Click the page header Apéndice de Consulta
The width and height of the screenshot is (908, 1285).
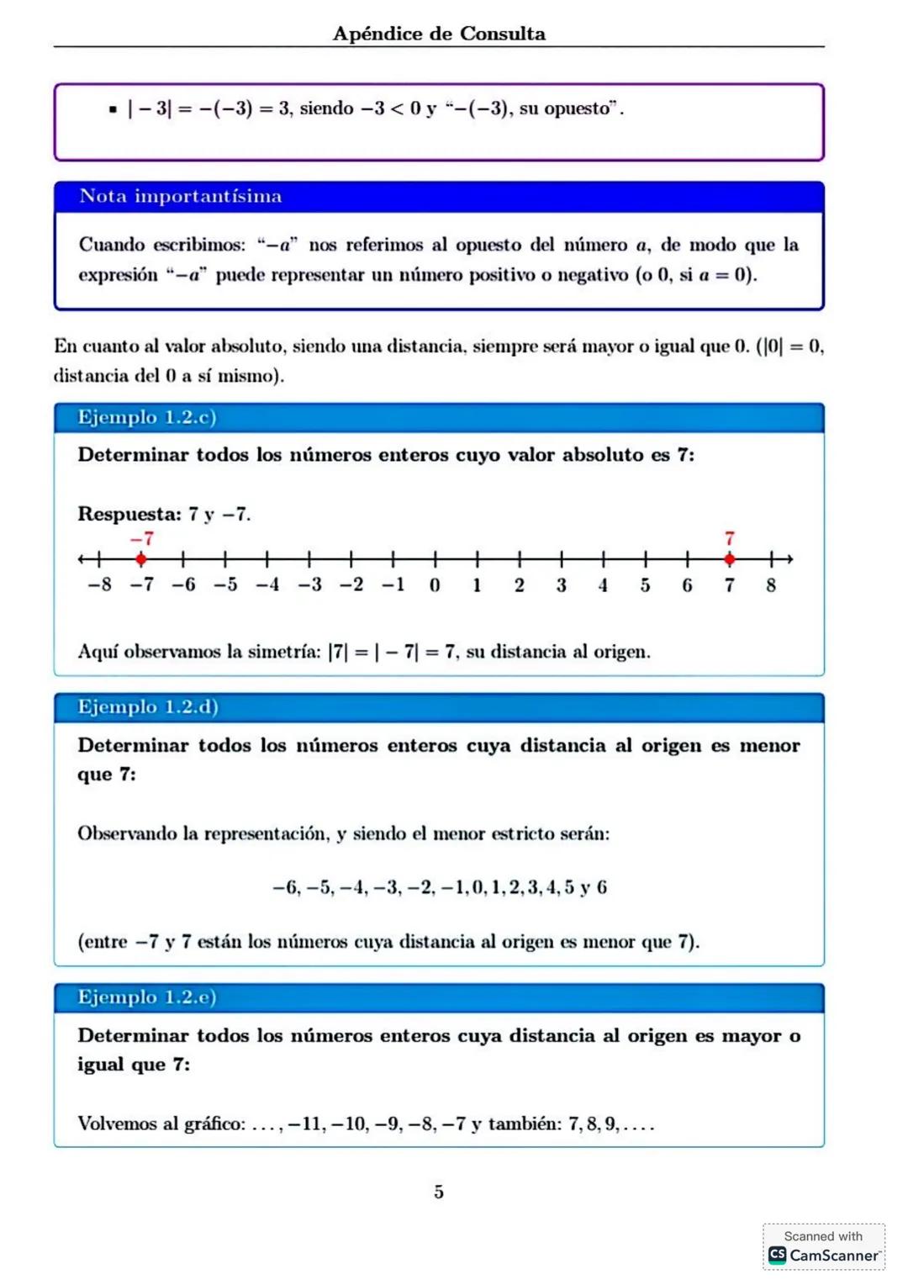[x=439, y=34]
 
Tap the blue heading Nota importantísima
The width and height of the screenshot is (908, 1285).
[x=181, y=196]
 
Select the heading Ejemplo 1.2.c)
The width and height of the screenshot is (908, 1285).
[x=147, y=417]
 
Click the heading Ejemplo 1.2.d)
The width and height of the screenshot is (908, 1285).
[x=148, y=706]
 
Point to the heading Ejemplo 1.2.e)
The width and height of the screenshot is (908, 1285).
[x=147, y=997]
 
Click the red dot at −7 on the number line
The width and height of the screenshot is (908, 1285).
[x=141, y=558]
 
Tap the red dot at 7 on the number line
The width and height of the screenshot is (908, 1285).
[x=730, y=558]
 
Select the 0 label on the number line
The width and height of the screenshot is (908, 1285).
[x=435, y=585]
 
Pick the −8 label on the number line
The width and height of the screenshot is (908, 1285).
[x=99, y=585]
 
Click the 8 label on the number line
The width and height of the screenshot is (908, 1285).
[x=771, y=585]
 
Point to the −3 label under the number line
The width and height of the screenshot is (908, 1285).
[x=309, y=585]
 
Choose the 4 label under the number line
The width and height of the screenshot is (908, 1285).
[x=603, y=585]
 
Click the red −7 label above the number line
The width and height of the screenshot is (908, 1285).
[x=141, y=538]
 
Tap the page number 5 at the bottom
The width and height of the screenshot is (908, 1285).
[x=439, y=1192]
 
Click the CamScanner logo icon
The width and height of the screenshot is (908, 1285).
[x=778, y=1255]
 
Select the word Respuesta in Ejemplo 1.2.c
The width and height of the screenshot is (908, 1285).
[x=129, y=514]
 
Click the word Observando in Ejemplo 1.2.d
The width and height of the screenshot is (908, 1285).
[x=127, y=833]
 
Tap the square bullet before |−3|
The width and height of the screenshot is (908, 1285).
[x=113, y=109]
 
